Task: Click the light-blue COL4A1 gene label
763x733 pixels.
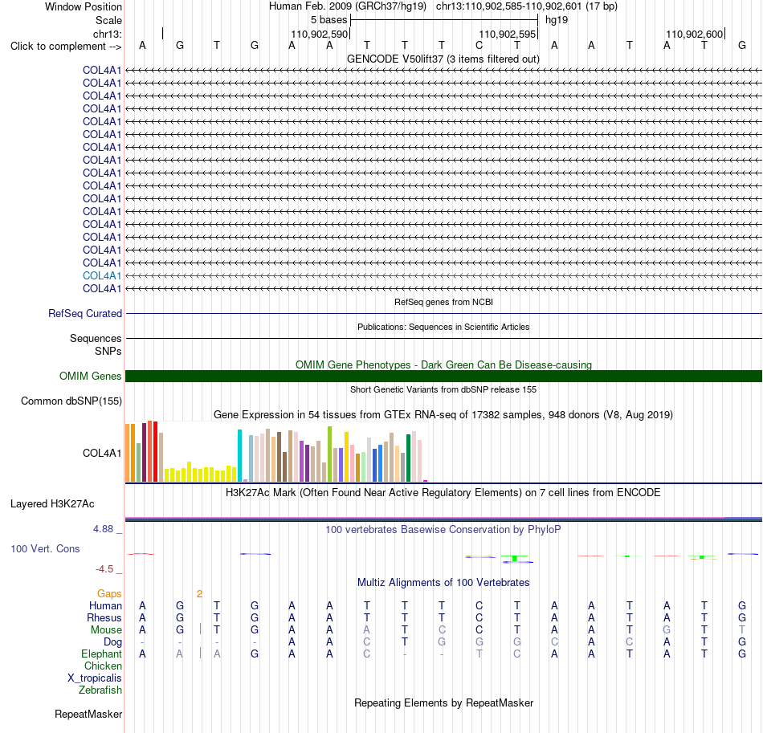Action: pyautogui.click(x=102, y=276)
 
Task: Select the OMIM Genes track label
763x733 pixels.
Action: pyautogui.click(x=91, y=376)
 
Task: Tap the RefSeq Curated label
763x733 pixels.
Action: pyautogui.click(x=85, y=314)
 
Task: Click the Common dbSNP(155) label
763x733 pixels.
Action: pyautogui.click(x=71, y=401)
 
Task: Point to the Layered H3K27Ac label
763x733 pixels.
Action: pyautogui.click(x=52, y=504)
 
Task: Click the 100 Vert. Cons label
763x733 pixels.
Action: pyautogui.click(x=45, y=548)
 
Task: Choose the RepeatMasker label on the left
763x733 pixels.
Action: pyautogui.click(x=88, y=714)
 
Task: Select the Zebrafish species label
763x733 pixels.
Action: pyautogui.click(x=100, y=690)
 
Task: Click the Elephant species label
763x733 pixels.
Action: pyautogui.click(x=101, y=654)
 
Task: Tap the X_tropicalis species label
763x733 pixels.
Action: pyautogui.click(x=95, y=678)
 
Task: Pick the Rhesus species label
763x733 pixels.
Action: pyautogui.click(x=104, y=617)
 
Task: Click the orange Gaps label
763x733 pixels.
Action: pyautogui.click(x=109, y=594)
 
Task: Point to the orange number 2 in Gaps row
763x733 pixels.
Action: pyautogui.click(x=199, y=594)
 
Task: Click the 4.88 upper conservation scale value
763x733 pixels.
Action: pyautogui.click(x=103, y=529)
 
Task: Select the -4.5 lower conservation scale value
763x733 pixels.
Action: pyautogui.click(x=104, y=569)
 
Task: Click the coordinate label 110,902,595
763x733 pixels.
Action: pyautogui.click(x=507, y=34)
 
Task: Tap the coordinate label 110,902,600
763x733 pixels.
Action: pyautogui.click(x=695, y=34)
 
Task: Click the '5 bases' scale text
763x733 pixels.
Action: pyautogui.click(x=329, y=20)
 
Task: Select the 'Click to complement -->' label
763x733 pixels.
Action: pyautogui.click(x=66, y=47)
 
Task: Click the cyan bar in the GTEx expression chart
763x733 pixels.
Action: pyautogui.click(x=239, y=456)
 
